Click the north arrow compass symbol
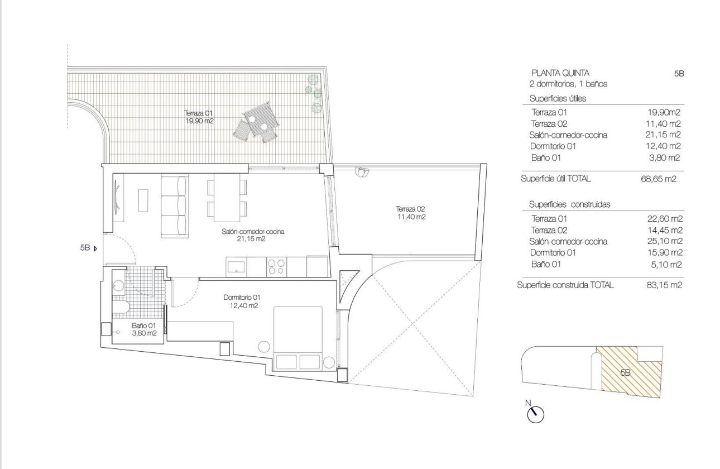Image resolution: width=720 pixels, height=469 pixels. (x=535, y=413)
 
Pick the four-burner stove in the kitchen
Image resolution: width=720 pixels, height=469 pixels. (x=276, y=266)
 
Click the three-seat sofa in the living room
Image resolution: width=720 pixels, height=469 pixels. (x=174, y=205)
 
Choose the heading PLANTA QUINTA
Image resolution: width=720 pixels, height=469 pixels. (x=560, y=73)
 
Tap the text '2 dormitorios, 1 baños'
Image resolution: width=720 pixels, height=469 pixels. (x=568, y=84)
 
